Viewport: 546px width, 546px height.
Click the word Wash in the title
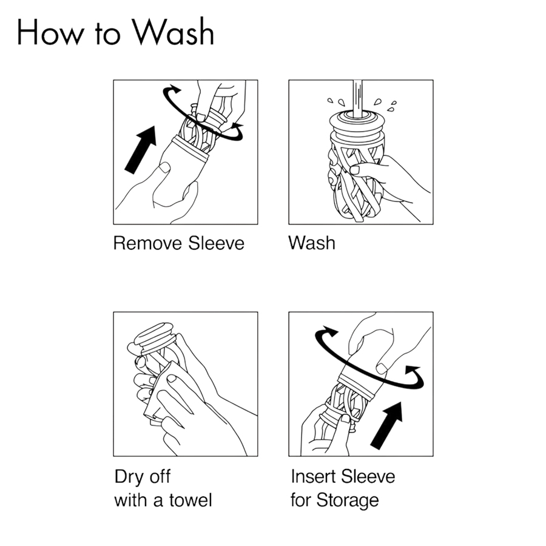click(x=173, y=32)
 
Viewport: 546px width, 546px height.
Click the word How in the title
click(x=50, y=33)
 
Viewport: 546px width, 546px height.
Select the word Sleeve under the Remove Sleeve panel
click(x=216, y=243)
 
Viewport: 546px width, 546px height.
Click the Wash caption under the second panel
click(x=312, y=243)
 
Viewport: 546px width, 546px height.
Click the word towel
click(x=191, y=500)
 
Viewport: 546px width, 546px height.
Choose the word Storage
click(x=348, y=501)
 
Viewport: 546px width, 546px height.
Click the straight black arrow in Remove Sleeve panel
click(x=141, y=149)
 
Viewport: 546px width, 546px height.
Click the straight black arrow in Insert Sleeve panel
click(x=386, y=425)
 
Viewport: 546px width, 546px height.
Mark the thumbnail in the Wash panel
click(x=354, y=170)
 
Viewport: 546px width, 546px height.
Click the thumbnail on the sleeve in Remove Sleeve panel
click(x=164, y=168)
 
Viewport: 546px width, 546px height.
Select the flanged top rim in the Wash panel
click(x=357, y=120)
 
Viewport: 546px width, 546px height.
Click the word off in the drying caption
click(x=159, y=477)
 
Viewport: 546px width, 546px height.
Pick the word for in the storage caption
click(x=301, y=500)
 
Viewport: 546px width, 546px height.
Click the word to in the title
click(x=107, y=35)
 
